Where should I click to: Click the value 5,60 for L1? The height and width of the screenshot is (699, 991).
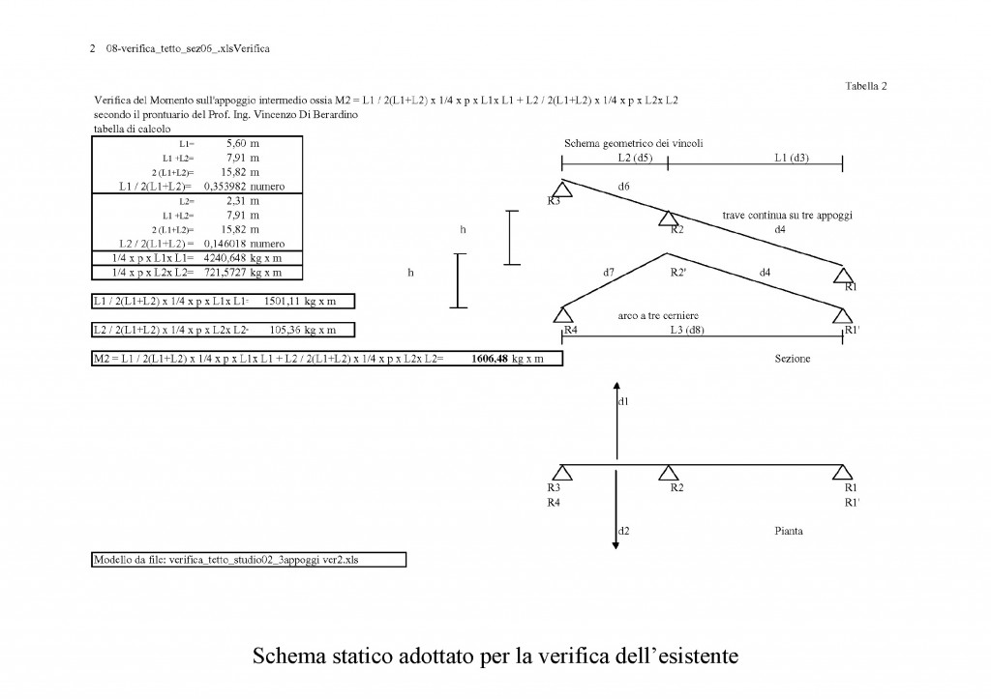pyautogui.click(x=236, y=143)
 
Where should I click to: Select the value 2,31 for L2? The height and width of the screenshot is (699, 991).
pyautogui.click(x=236, y=201)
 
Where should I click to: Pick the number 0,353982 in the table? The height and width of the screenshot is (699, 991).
pyautogui.click(x=225, y=187)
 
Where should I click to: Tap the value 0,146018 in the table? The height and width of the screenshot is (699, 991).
pyautogui.click(x=225, y=244)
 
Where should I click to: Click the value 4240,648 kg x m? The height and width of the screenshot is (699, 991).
pyautogui.click(x=243, y=258)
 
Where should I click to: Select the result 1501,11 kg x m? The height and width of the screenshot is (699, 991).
pyautogui.click(x=300, y=302)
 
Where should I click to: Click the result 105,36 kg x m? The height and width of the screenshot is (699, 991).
pyautogui.click(x=303, y=330)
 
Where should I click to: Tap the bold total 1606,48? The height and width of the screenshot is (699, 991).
pyautogui.click(x=490, y=359)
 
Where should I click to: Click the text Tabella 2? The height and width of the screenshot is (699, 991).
pyautogui.click(x=866, y=86)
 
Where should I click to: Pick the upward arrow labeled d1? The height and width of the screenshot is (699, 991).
pyautogui.click(x=616, y=420)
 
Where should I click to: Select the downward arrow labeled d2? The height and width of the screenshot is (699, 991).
pyautogui.click(x=616, y=510)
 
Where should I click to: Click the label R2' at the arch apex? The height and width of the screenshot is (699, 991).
pyautogui.click(x=678, y=272)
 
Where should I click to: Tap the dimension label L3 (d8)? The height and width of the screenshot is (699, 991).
pyautogui.click(x=687, y=330)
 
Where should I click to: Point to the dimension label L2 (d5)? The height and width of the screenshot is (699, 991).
pyautogui.click(x=635, y=158)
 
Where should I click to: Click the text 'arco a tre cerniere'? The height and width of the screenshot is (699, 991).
pyautogui.click(x=658, y=315)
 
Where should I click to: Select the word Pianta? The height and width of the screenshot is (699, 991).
pyautogui.click(x=789, y=531)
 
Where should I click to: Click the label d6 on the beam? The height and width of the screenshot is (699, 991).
pyautogui.click(x=624, y=187)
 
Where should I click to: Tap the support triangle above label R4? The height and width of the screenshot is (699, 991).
pyautogui.click(x=562, y=314)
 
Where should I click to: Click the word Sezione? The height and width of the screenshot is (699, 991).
pyautogui.click(x=793, y=359)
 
